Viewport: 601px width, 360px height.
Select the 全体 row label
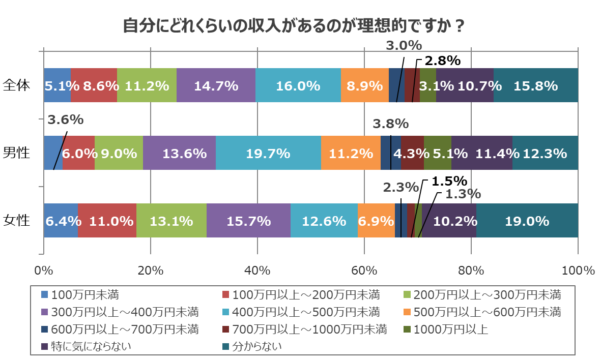[17, 85]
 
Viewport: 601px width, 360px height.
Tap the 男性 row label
[17, 153]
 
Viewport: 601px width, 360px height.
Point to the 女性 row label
[17, 220]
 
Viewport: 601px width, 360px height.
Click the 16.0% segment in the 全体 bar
[298, 85]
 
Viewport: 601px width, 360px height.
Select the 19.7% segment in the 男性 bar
[268, 153]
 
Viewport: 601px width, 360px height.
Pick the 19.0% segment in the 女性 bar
[527, 221]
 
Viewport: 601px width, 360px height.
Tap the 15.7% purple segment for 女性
[248, 221]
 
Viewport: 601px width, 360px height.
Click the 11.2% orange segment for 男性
[351, 153]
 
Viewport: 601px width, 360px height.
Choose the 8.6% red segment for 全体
[94, 85]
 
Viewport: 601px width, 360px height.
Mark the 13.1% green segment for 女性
[171, 221]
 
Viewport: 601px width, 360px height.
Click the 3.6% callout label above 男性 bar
[66, 120]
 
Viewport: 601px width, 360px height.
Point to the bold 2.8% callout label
[443, 61]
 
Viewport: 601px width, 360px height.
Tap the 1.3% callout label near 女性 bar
[463, 194]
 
